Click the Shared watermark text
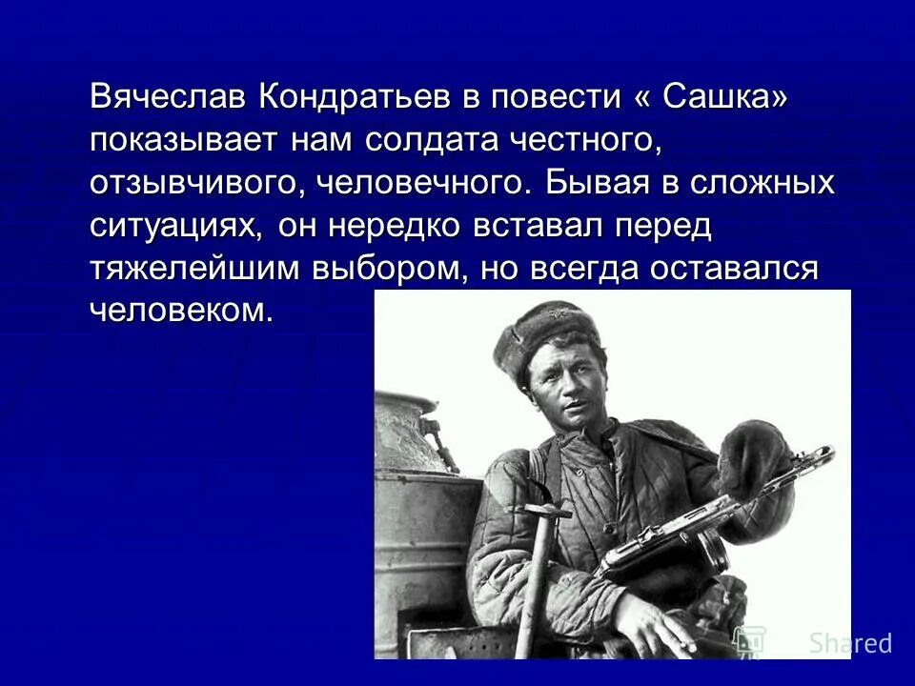click(x=850, y=643)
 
